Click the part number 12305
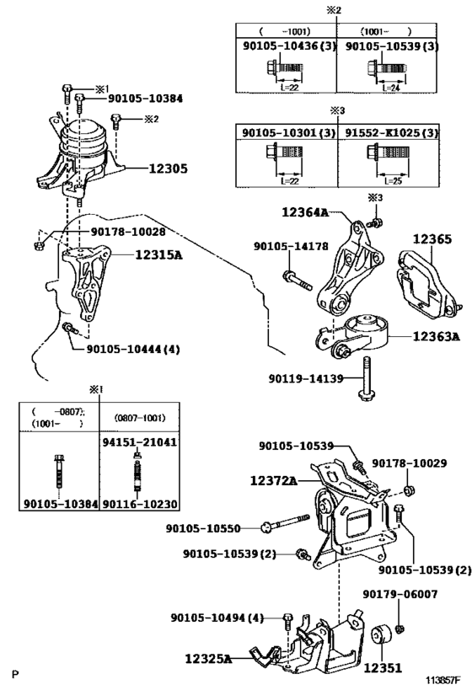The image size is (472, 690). pos(168,168)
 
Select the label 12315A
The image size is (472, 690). pos(158,254)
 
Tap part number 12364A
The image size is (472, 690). pos(305,212)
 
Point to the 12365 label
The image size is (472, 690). pos(432,239)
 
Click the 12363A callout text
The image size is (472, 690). pos(436,337)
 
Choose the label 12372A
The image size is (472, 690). pos(273,480)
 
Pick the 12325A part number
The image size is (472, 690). pos(208,659)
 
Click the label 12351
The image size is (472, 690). pos(383,668)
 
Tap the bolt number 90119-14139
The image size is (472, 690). pos(306,378)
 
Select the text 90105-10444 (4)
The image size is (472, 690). pos(133,350)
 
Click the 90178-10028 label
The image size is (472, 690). pos(128,232)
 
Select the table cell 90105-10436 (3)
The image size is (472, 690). pos(289,45)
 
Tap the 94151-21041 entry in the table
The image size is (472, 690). pos(140,441)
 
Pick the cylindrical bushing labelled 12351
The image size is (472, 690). pos(381,636)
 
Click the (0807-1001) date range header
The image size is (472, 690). pos(140,418)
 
